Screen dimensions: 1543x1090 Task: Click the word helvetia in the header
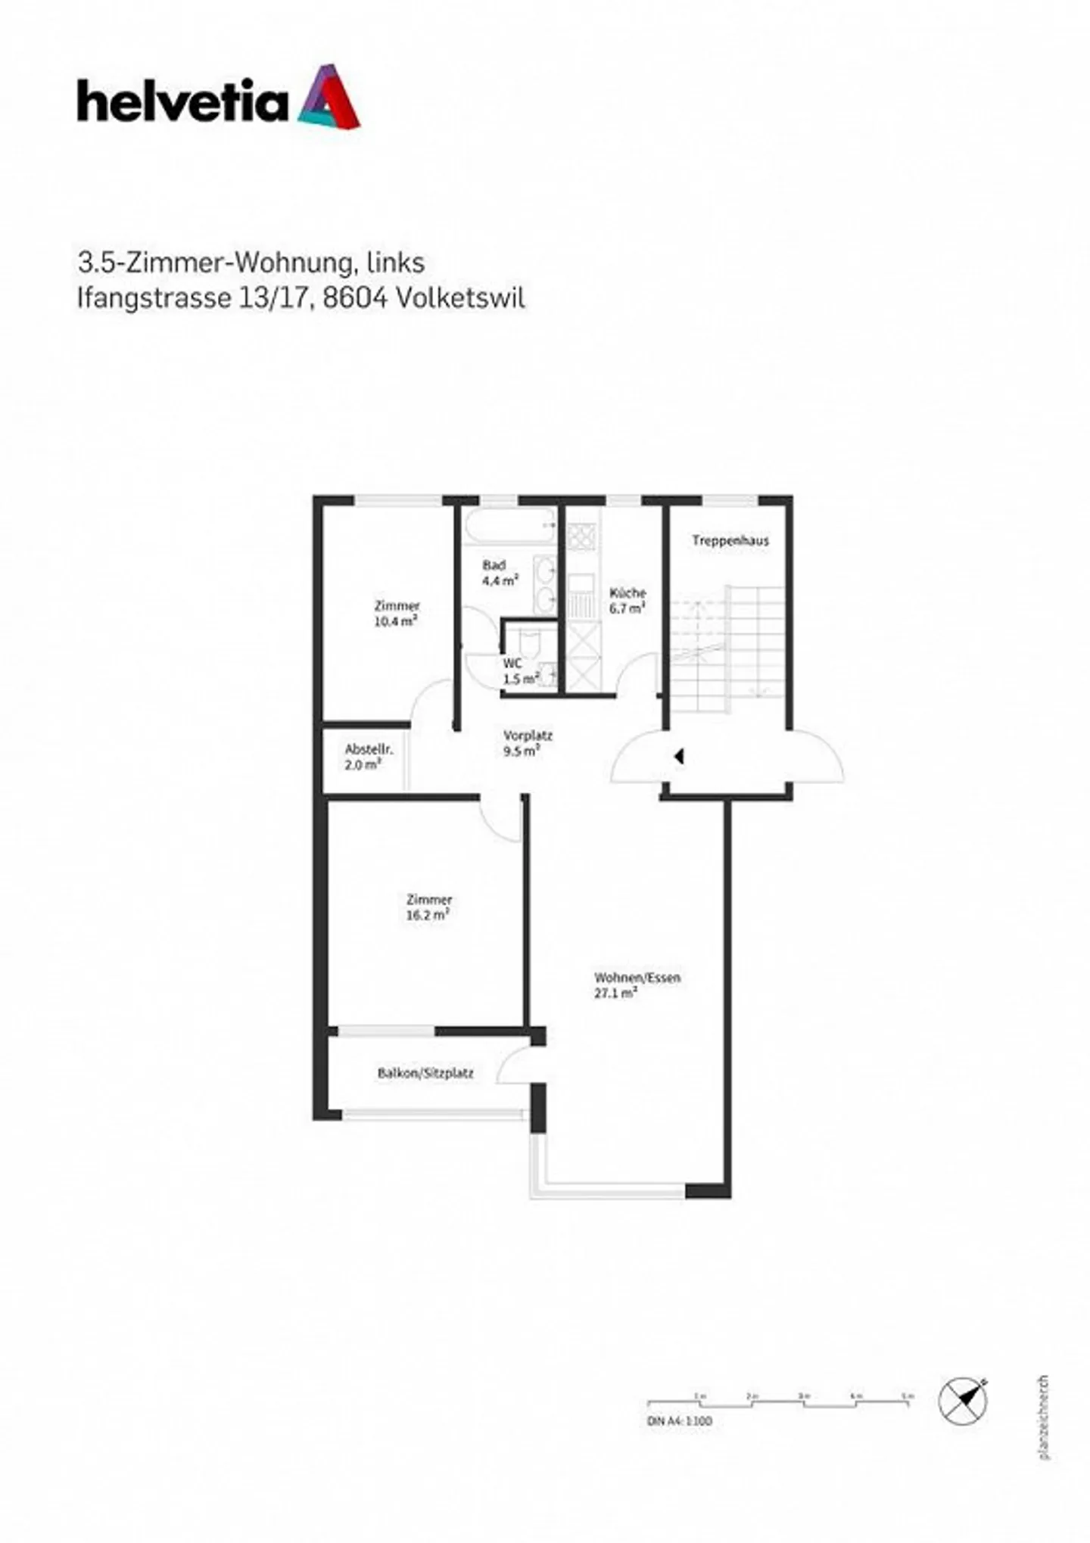(182, 103)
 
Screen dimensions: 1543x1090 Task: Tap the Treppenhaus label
(730, 540)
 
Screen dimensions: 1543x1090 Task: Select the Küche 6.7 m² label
(627, 600)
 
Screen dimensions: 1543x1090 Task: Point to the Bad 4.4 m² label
(499, 573)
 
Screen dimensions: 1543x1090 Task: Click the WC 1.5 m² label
(519, 671)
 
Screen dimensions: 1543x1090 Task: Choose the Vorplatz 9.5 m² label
(527, 742)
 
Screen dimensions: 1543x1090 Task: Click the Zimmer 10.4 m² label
(397, 613)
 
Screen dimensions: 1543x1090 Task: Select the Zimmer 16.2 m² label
(428, 907)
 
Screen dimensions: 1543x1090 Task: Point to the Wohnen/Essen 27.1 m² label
(636, 985)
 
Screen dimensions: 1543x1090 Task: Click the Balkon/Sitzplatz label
(425, 1073)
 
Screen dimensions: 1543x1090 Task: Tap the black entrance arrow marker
(679, 755)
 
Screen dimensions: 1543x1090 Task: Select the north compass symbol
(963, 1401)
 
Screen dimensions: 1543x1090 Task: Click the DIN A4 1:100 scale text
(679, 1420)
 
